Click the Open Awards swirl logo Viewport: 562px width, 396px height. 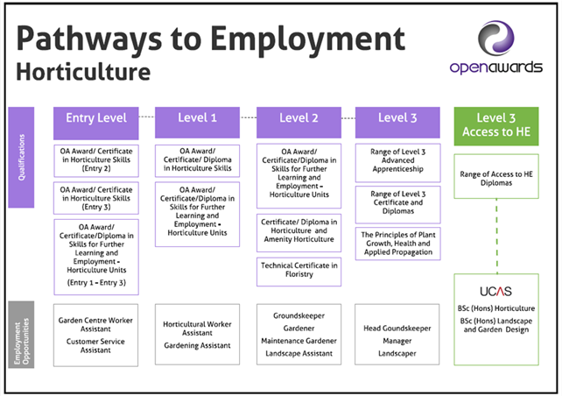[496, 38]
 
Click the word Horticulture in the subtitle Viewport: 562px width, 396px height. [83, 72]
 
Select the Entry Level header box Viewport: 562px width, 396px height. [96, 123]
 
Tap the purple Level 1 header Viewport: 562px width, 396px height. [197, 123]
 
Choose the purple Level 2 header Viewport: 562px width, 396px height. [299, 123]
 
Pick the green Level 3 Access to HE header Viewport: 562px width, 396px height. [496, 126]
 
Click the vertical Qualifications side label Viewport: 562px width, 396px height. [21, 157]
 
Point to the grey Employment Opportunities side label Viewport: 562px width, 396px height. [21, 335]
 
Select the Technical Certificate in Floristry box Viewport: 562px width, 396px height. [299, 272]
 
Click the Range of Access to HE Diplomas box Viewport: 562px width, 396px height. [496, 176]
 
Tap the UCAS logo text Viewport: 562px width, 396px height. [495, 291]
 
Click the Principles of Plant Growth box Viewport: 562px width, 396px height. [397, 244]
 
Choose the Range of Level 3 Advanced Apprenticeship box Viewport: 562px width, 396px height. [397, 163]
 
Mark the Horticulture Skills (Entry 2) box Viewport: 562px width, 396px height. [96, 160]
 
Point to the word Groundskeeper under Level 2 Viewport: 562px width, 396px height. [299, 315]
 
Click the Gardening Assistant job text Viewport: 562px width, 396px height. [197, 345]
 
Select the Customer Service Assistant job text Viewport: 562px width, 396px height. [95, 345]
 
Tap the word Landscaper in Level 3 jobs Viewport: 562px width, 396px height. [397, 353]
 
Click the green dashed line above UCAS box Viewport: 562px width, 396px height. [496, 236]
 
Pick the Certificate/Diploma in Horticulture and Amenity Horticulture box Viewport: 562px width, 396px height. [299, 233]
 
